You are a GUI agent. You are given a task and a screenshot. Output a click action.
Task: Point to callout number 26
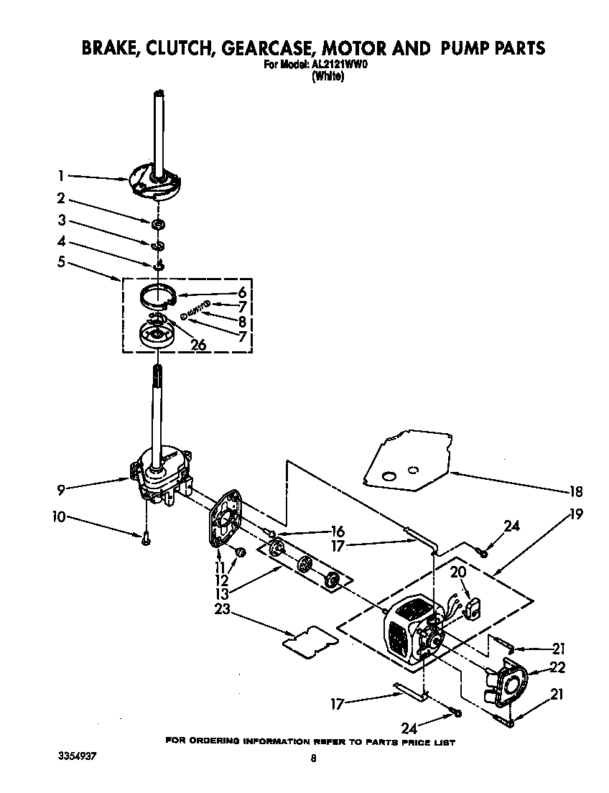click(197, 345)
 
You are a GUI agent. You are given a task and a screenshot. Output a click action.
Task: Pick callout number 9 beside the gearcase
click(61, 489)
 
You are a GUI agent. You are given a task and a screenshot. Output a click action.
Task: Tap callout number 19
click(575, 514)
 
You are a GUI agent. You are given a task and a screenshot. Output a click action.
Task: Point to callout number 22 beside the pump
click(557, 667)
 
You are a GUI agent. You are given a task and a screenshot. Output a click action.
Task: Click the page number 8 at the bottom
click(313, 758)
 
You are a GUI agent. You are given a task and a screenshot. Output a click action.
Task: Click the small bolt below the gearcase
click(146, 537)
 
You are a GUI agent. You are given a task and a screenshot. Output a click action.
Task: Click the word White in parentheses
click(327, 77)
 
